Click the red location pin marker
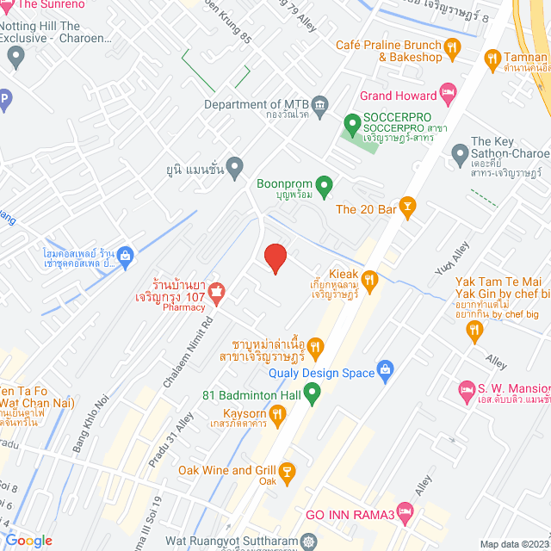[275, 258]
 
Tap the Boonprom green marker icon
[324, 184]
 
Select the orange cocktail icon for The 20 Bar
[407, 207]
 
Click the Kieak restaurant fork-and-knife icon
[369, 280]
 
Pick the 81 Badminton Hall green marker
[313, 394]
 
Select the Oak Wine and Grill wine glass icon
[287, 472]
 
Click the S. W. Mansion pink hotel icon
[467, 389]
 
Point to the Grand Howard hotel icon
[447, 91]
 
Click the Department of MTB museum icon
[320, 105]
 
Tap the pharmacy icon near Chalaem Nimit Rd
[216, 293]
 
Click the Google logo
[28, 541]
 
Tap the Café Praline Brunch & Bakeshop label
[388, 51]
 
